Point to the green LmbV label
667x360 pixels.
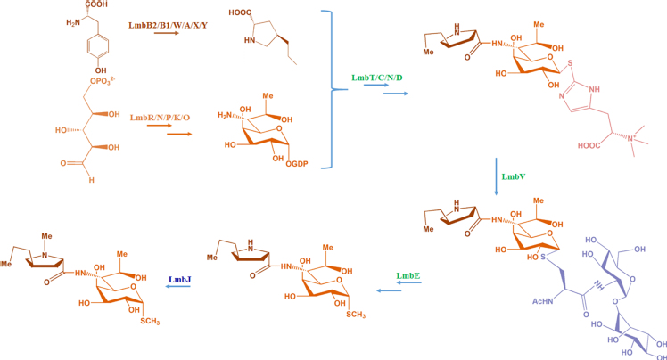(514, 177)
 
